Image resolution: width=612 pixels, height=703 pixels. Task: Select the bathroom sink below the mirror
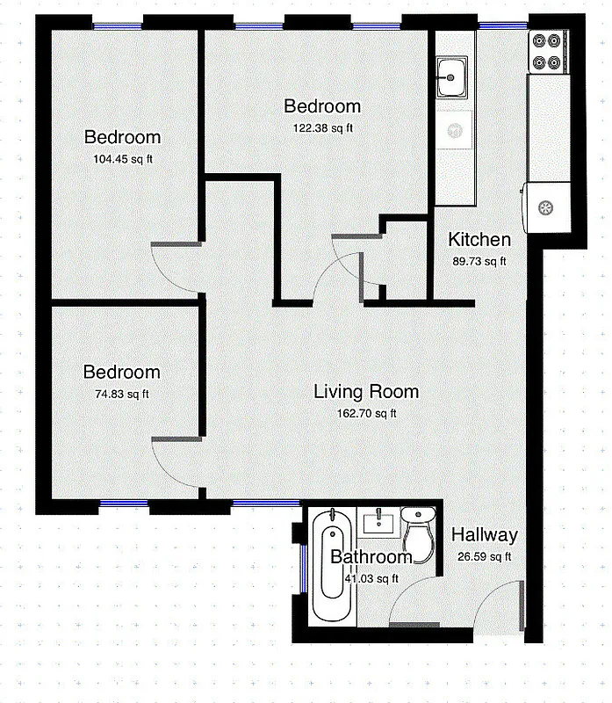pyautogui.click(x=380, y=524)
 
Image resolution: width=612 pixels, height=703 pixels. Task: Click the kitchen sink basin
pyautogui.click(x=453, y=77)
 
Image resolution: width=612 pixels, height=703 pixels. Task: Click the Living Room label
pyautogui.click(x=366, y=392)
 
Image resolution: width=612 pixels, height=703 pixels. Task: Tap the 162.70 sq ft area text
pyautogui.click(x=367, y=413)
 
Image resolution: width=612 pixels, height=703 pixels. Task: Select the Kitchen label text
pyautogui.click(x=479, y=240)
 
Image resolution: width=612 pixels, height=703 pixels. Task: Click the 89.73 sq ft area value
pyautogui.click(x=479, y=261)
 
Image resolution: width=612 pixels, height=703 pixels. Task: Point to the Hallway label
pyautogui.click(x=484, y=535)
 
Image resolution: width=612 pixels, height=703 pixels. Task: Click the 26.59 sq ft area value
pyautogui.click(x=484, y=556)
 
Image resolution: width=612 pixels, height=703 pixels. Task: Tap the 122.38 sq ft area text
pyautogui.click(x=322, y=127)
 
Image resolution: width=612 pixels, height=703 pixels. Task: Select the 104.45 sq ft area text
pyautogui.click(x=122, y=159)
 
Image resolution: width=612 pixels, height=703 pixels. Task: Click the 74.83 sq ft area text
pyautogui.click(x=122, y=394)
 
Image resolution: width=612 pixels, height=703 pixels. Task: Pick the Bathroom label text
pyautogui.click(x=371, y=557)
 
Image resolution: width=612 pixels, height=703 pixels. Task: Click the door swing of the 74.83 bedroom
pyautogui.click(x=174, y=462)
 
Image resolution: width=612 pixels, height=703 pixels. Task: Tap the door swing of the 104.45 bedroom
pyautogui.click(x=173, y=266)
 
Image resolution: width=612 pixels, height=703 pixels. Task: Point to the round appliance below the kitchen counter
pyautogui.click(x=545, y=208)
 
